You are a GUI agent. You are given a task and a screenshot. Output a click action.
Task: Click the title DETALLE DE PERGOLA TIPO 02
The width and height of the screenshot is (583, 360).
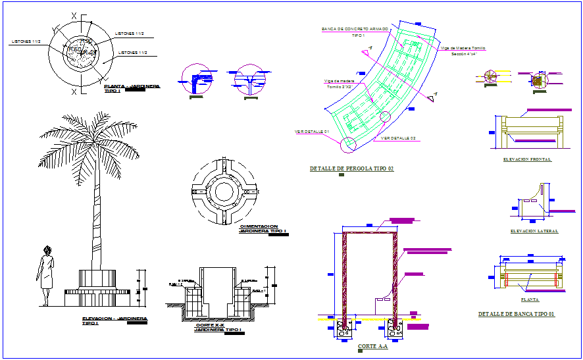point(351,169)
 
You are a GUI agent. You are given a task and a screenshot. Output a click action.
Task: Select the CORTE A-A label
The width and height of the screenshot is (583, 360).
point(372,346)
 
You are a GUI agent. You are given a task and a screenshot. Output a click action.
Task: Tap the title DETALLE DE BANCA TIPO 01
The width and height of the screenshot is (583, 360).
point(516,315)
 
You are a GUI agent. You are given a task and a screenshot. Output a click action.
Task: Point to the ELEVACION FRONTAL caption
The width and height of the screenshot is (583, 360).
point(526,159)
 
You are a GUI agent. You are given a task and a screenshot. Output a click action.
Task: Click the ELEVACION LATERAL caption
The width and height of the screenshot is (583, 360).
point(534,231)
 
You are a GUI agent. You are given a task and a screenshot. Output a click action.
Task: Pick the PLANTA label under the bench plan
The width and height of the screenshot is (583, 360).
point(530,299)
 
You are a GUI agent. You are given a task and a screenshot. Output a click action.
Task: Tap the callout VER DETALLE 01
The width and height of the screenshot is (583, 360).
point(312,132)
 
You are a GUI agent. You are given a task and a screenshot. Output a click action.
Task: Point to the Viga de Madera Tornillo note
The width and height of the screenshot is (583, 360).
point(463,48)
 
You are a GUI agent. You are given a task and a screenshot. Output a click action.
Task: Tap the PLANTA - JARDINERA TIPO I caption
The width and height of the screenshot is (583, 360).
point(132,88)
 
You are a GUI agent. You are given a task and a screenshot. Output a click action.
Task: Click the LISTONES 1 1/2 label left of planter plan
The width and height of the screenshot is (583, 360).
point(26,41)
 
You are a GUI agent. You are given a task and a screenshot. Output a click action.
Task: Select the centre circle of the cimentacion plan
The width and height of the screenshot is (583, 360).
point(223,192)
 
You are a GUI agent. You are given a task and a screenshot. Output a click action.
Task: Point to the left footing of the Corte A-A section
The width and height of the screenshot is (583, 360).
point(344,327)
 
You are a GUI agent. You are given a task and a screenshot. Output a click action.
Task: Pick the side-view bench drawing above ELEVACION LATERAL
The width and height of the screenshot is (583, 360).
point(533,204)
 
